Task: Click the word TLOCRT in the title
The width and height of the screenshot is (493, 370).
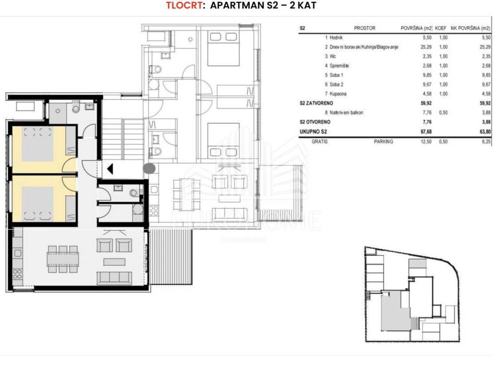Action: tap(184, 5)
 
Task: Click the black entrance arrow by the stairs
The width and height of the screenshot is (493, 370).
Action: tap(110, 169)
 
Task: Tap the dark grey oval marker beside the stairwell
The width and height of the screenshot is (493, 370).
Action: tap(149, 169)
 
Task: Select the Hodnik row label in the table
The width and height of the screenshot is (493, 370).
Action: tap(336, 38)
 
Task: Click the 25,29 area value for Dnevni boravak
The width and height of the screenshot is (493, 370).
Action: tap(426, 47)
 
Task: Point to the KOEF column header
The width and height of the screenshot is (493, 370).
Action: tap(441, 28)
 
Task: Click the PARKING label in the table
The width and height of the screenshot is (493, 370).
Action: tap(383, 142)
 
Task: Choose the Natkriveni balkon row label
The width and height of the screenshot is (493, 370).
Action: tap(346, 112)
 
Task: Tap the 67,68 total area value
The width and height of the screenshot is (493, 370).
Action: tap(426, 132)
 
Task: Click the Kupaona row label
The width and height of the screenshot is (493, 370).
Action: tap(338, 94)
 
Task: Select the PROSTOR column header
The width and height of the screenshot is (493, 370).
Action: tap(365, 28)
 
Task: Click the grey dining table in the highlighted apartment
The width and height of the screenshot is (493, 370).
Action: tap(63, 259)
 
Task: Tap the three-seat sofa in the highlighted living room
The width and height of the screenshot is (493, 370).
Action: tap(114, 278)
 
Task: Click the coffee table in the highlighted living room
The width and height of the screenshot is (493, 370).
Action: tap(114, 262)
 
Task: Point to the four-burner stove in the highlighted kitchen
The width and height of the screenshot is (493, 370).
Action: tap(18, 274)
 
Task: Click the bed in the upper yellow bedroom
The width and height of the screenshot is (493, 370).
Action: tap(38, 144)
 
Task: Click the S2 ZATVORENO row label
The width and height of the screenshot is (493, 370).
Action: tap(316, 103)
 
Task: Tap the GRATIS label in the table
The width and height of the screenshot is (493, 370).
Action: tap(320, 142)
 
